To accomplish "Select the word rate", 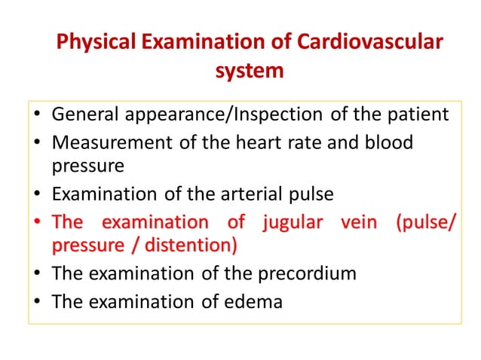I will (296, 142).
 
